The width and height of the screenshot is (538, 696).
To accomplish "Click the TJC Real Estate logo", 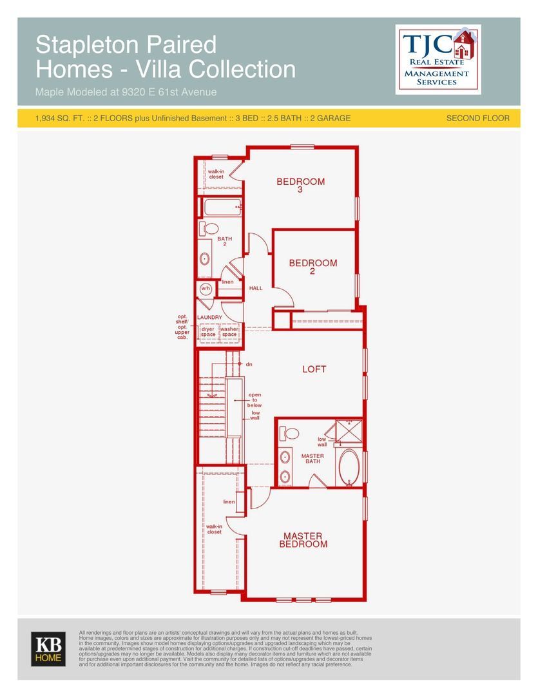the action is pos(438,59).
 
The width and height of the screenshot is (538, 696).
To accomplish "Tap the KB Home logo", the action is pos(48,649).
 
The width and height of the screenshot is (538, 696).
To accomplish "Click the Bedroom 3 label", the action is pos(300,185).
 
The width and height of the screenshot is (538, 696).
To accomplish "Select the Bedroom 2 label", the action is pos(313,266).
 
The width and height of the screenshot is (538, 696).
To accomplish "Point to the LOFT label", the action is pos(314,369).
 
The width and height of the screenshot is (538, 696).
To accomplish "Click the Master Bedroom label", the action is pos(303,540).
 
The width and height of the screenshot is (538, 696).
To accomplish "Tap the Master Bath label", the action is pos(312,459).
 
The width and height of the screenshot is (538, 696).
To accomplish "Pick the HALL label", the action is pos(256,288).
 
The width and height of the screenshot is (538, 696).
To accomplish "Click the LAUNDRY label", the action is pos(209,317).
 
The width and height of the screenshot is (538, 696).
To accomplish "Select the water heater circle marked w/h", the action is pos(206,289).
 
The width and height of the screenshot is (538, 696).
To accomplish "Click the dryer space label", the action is pos(207,332).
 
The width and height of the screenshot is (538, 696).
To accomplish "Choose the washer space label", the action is pos(229,332).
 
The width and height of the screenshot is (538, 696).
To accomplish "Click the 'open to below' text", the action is pos(255,400).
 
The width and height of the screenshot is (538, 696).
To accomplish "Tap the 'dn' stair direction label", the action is pos(249,364).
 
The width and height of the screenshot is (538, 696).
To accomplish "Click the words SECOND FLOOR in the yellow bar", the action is pos(477,118).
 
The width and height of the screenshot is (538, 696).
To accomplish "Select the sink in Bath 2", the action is pos(205,259).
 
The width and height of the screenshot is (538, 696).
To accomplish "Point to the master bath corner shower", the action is pos(349,430).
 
